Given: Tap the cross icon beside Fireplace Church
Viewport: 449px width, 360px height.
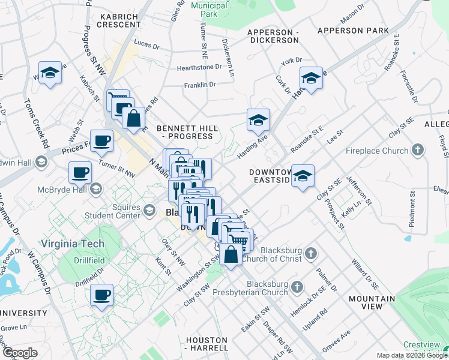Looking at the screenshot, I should point(418,151).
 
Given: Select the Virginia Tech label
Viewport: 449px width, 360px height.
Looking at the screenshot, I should point(73,244).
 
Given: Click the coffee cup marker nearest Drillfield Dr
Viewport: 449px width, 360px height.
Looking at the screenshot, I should point(101,295).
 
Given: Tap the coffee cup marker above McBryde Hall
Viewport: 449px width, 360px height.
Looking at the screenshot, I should point(80,173).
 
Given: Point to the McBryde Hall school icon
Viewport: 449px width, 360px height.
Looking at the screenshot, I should point(95,190).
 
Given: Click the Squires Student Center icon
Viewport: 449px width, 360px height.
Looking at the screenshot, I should point(149,211).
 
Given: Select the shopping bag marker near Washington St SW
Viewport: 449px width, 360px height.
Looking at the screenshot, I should point(231,254).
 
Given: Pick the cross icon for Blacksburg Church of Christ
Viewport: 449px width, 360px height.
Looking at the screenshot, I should point(310,253).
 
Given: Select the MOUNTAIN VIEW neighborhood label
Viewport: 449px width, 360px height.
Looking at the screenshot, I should point(372,302).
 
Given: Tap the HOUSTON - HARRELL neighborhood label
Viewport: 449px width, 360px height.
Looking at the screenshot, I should point(207,344).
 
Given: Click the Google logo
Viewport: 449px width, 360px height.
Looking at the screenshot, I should point(19,353).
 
